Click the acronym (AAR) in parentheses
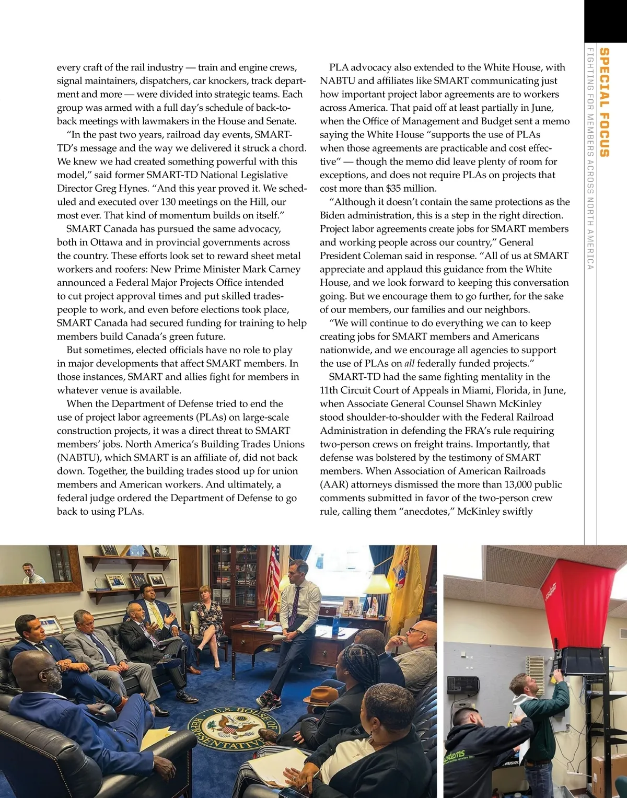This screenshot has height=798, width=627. coord(332,484)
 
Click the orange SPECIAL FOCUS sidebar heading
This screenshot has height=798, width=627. coord(605,102)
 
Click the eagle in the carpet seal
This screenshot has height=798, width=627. coord(230,726)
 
